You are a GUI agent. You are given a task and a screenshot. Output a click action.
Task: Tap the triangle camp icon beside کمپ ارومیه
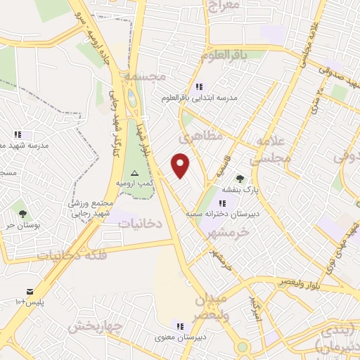[135, 173]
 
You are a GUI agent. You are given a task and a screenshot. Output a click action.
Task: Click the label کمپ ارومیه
[136, 183]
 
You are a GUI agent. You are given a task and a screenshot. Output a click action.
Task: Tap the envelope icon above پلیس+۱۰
[30, 291]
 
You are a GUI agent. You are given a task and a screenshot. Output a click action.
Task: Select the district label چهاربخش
[98, 326]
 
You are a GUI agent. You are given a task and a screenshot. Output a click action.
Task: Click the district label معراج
[224, 6]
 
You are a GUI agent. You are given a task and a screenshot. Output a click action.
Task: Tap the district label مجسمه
[142, 75]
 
